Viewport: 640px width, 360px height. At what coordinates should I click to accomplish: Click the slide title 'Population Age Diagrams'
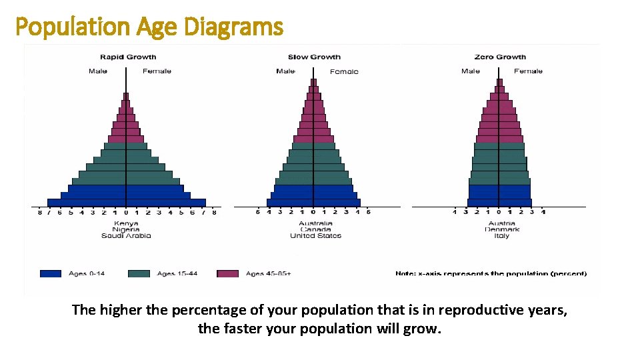click(x=149, y=27)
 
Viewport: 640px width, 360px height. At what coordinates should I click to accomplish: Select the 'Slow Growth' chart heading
click(x=314, y=57)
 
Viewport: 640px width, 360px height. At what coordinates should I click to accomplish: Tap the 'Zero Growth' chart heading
click(x=500, y=57)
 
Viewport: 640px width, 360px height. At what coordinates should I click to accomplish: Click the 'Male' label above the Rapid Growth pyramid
click(x=97, y=71)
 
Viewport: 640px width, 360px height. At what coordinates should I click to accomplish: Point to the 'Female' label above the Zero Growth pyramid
click(x=528, y=71)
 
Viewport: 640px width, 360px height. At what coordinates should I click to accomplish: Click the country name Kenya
click(x=126, y=223)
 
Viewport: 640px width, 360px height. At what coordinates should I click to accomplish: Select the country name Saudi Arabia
click(x=126, y=235)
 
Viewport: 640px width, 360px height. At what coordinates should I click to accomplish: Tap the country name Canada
click(x=315, y=229)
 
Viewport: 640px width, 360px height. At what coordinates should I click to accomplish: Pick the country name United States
click(x=315, y=235)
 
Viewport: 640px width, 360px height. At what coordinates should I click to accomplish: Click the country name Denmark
click(x=501, y=229)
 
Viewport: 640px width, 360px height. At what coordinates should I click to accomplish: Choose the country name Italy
click(x=501, y=235)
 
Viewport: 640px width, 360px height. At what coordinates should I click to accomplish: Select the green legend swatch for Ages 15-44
click(x=139, y=273)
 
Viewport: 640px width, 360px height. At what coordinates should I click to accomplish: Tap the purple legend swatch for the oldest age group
click(x=228, y=273)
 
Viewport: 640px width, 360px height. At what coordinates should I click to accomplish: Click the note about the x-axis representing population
click(x=491, y=273)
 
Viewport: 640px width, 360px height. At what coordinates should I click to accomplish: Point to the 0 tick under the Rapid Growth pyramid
click(x=125, y=213)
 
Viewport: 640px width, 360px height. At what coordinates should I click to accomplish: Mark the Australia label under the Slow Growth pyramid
click(x=315, y=223)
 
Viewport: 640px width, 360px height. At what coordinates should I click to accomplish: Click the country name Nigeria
click(x=126, y=229)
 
